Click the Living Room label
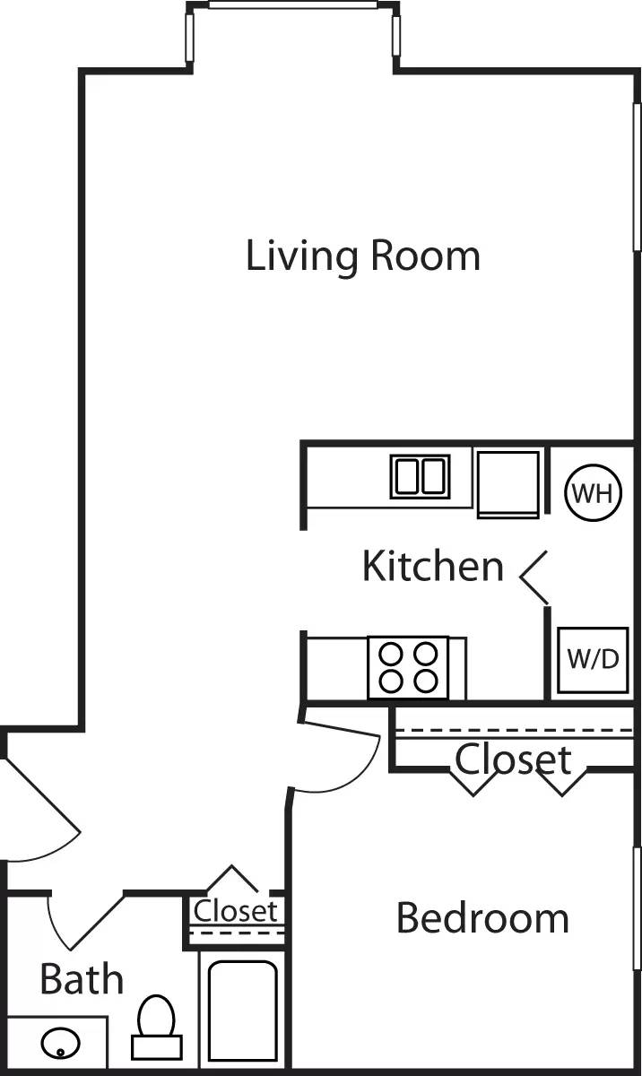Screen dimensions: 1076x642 [x=363, y=256]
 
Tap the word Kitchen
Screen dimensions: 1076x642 [x=432, y=567]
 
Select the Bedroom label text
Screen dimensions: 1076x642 [x=482, y=919]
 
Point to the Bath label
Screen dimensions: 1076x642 [x=82, y=980]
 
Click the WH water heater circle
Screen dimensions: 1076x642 [x=593, y=492]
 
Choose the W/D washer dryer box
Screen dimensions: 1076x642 [x=592, y=660]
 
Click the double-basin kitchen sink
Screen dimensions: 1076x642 [x=420, y=476]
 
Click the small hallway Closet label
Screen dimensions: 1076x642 [x=236, y=911]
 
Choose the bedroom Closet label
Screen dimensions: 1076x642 [x=513, y=759]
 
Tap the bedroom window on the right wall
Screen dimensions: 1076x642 [x=637, y=906]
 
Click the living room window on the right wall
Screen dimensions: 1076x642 [x=637, y=175]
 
